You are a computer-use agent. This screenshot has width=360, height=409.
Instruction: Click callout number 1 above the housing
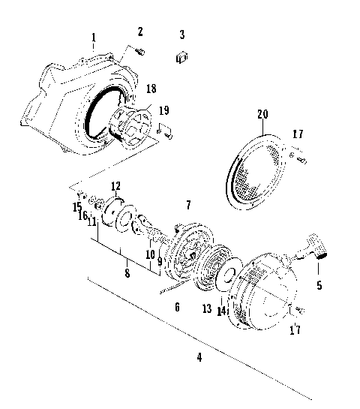pos(94,37)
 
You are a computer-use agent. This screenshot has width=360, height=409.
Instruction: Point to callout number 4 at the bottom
pos(199,356)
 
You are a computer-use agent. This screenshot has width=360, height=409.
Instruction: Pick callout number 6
pos(177,307)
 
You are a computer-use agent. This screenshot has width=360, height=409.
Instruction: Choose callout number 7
pos(188,204)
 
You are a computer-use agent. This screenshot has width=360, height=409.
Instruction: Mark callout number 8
pos(127,273)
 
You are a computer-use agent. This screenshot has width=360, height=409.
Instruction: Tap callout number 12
pos(115,186)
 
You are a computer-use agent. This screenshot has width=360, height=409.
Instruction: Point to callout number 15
pos(77,206)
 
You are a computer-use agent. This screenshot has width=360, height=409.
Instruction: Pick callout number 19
pos(164,110)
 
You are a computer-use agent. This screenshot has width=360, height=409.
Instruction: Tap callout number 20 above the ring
pos(261,114)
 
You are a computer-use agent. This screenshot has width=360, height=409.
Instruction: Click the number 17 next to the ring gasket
pos(298,135)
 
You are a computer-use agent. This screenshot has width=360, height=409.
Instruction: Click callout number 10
pos(150,254)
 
